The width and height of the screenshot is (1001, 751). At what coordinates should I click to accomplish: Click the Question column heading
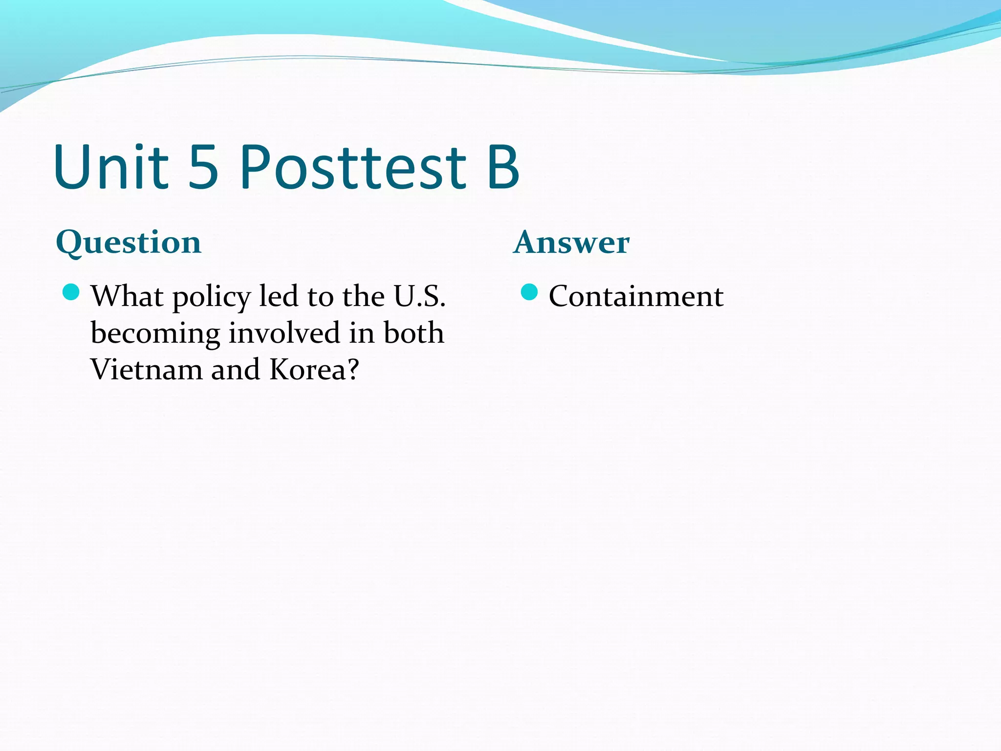coord(129,243)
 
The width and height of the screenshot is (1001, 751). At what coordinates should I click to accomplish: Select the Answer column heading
coord(571,243)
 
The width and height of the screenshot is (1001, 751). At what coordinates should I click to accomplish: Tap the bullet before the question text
coord(71,292)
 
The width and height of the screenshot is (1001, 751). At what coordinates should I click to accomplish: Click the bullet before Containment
coord(529,292)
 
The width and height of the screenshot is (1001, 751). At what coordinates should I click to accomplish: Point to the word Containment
coord(636,296)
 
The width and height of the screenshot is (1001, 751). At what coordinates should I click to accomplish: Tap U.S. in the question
coord(420,296)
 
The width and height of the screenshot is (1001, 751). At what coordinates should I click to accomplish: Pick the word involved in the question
coord(284,333)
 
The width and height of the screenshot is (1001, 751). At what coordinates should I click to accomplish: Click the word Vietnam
coord(146,370)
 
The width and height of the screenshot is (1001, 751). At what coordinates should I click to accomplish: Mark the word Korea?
coord(314,370)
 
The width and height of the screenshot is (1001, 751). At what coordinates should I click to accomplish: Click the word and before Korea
coord(235,370)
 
